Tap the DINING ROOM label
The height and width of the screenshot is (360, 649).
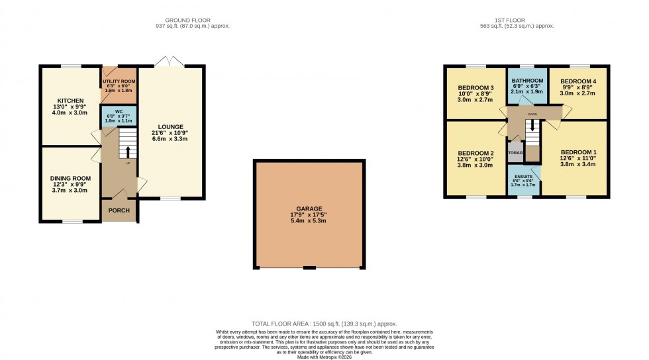(69, 177)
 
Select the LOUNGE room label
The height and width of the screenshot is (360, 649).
(170, 126)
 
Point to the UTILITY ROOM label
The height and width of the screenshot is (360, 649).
(119, 81)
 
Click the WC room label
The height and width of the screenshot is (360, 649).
(119, 111)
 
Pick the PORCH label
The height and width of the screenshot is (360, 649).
(119, 211)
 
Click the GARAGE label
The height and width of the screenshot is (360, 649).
(310, 207)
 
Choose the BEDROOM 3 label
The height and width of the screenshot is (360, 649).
(475, 88)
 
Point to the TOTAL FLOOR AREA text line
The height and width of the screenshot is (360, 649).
(324, 324)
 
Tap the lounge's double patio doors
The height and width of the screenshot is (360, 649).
(170, 61)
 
